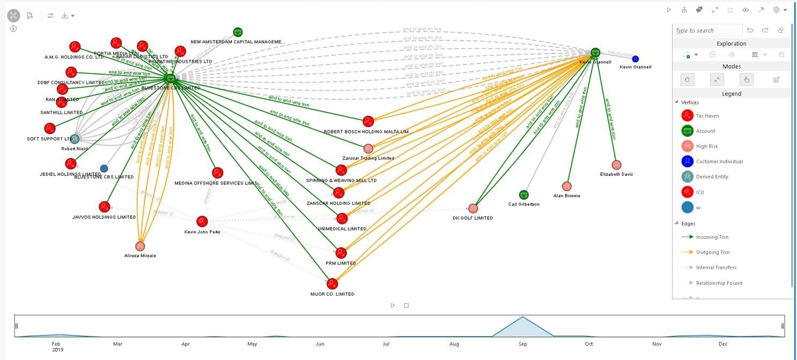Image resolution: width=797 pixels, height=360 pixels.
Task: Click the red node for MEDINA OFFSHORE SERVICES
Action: [x=217, y=173]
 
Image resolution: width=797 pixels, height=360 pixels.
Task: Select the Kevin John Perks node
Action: [x=202, y=221]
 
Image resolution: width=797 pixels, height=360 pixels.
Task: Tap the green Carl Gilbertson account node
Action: [x=524, y=195]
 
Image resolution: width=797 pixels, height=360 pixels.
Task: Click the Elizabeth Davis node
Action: [x=616, y=165]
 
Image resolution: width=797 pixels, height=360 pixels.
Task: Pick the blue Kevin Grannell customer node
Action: [x=635, y=59]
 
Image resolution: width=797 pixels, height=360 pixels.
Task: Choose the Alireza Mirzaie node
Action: [x=140, y=246]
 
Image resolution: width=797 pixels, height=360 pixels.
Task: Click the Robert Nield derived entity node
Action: [x=75, y=139]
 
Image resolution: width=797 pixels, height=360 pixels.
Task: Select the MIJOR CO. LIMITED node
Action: [x=332, y=283]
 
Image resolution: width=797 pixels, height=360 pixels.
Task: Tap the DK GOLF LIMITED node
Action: [x=473, y=208]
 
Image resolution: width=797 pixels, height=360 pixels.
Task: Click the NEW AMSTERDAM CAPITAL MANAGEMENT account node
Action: [x=238, y=32]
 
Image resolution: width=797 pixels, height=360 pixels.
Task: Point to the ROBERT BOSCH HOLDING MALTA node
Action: [x=368, y=121]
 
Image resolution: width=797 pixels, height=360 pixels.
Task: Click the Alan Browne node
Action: [x=567, y=186]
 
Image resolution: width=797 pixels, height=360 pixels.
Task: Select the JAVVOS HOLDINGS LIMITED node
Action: [x=104, y=207]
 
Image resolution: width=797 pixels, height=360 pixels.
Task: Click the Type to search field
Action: [x=707, y=31]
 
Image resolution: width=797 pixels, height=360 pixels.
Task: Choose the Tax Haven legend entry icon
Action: [x=687, y=116]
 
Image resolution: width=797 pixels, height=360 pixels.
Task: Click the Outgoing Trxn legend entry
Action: [x=712, y=252]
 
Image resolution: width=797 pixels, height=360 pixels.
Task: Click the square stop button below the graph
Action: [x=406, y=305]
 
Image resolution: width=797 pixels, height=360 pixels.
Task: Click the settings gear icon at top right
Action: [x=776, y=10]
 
